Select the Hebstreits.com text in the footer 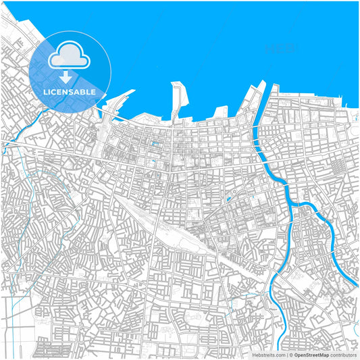point(269,355)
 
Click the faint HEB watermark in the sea point(278,49)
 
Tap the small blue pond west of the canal point(230,199)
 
